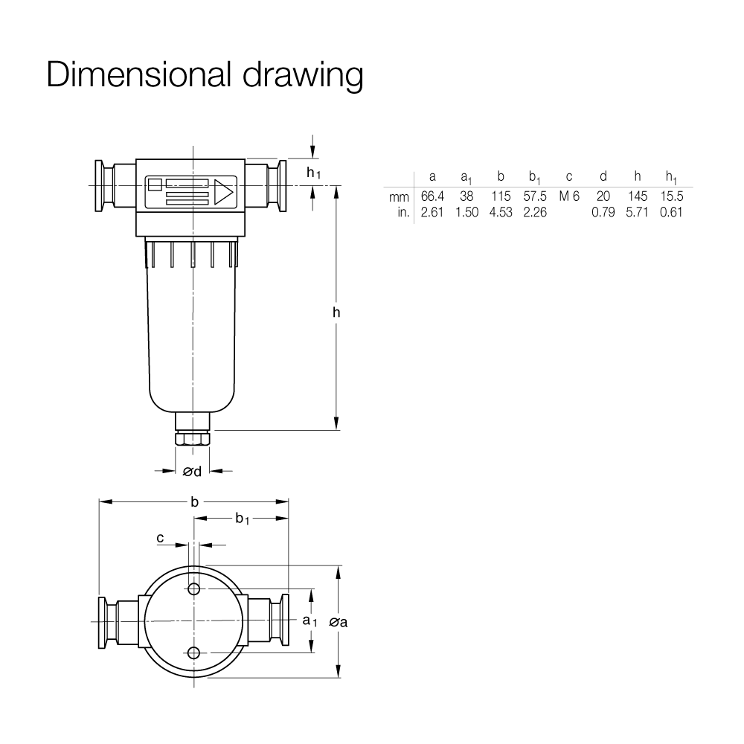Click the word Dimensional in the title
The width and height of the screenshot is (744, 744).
tap(138, 74)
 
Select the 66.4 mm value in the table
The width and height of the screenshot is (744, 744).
tap(432, 196)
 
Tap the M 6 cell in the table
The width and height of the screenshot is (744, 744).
tap(569, 196)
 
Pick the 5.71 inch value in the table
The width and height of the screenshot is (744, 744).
tap(637, 212)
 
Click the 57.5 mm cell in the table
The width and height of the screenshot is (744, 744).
tap(535, 196)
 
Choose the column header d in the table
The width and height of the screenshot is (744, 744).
tap(603, 176)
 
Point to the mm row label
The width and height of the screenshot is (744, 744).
tap(399, 197)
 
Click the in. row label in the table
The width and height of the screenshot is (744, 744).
tap(403, 212)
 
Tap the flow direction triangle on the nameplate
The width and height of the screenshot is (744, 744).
tap(223, 192)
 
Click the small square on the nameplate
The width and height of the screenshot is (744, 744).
tap(155, 184)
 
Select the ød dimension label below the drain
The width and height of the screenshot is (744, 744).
tap(192, 471)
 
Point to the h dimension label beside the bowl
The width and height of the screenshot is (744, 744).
tap(336, 312)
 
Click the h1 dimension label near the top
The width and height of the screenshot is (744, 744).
tap(314, 173)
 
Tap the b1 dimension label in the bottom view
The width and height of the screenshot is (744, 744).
tap(242, 519)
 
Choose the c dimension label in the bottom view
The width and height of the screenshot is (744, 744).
tap(161, 538)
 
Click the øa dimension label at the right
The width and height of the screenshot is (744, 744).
tap(339, 621)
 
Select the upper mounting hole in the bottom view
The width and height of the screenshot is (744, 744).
tap(193, 589)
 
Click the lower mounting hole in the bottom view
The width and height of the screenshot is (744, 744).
tap(193, 653)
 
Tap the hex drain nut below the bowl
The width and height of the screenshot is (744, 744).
tap(192, 438)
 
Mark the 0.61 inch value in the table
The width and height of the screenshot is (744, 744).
tap(671, 212)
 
